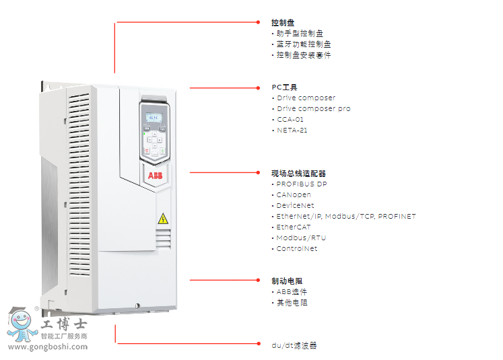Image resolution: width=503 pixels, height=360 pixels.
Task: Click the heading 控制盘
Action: click(x=283, y=23)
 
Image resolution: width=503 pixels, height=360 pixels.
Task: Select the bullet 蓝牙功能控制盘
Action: click(x=303, y=44)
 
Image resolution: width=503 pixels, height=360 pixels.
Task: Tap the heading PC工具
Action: click(x=284, y=87)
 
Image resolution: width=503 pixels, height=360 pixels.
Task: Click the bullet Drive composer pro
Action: click(x=313, y=109)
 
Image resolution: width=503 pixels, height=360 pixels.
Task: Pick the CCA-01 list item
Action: click(x=290, y=120)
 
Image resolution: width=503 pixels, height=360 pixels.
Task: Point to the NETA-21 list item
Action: click(x=292, y=131)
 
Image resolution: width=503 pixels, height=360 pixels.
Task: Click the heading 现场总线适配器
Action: click(x=298, y=174)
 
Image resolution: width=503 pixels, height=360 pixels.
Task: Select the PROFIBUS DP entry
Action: click(x=302, y=184)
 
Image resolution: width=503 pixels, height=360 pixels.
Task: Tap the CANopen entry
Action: click(x=294, y=195)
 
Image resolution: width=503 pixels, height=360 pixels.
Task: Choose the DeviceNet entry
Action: click(x=295, y=206)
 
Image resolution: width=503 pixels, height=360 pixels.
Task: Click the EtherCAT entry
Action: click(x=294, y=227)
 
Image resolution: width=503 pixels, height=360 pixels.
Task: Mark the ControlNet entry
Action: click(x=297, y=249)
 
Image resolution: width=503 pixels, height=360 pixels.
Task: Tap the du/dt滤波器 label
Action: click(x=294, y=346)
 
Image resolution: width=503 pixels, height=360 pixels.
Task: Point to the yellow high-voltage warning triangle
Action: click(x=162, y=219)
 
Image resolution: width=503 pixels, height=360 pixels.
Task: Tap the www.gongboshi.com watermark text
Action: click(x=47, y=347)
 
